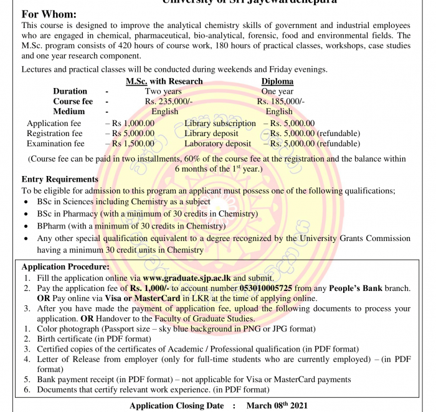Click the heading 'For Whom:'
tap(49, 14)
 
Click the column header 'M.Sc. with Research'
tap(164, 81)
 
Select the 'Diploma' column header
tap(277, 81)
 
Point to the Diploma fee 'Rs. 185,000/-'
tap(281, 101)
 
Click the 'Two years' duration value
tap(163, 91)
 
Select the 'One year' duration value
tap(277, 91)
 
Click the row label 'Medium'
tap(69, 112)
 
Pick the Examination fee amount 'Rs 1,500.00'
tap(133, 144)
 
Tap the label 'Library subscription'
tap(220, 124)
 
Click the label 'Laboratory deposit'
tap(217, 144)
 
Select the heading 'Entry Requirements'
tap(60, 180)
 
